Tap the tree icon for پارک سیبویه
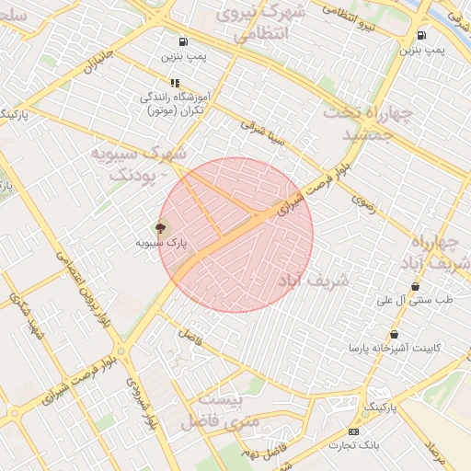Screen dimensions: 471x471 pyautogui.click(x=162, y=228)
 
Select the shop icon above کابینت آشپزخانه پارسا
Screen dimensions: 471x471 pyautogui.click(x=395, y=334)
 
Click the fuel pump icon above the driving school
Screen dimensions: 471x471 pyautogui.click(x=184, y=41)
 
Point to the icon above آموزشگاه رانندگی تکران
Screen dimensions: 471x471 pyautogui.click(x=176, y=83)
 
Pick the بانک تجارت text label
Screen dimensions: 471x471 pyautogui.click(x=353, y=445)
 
